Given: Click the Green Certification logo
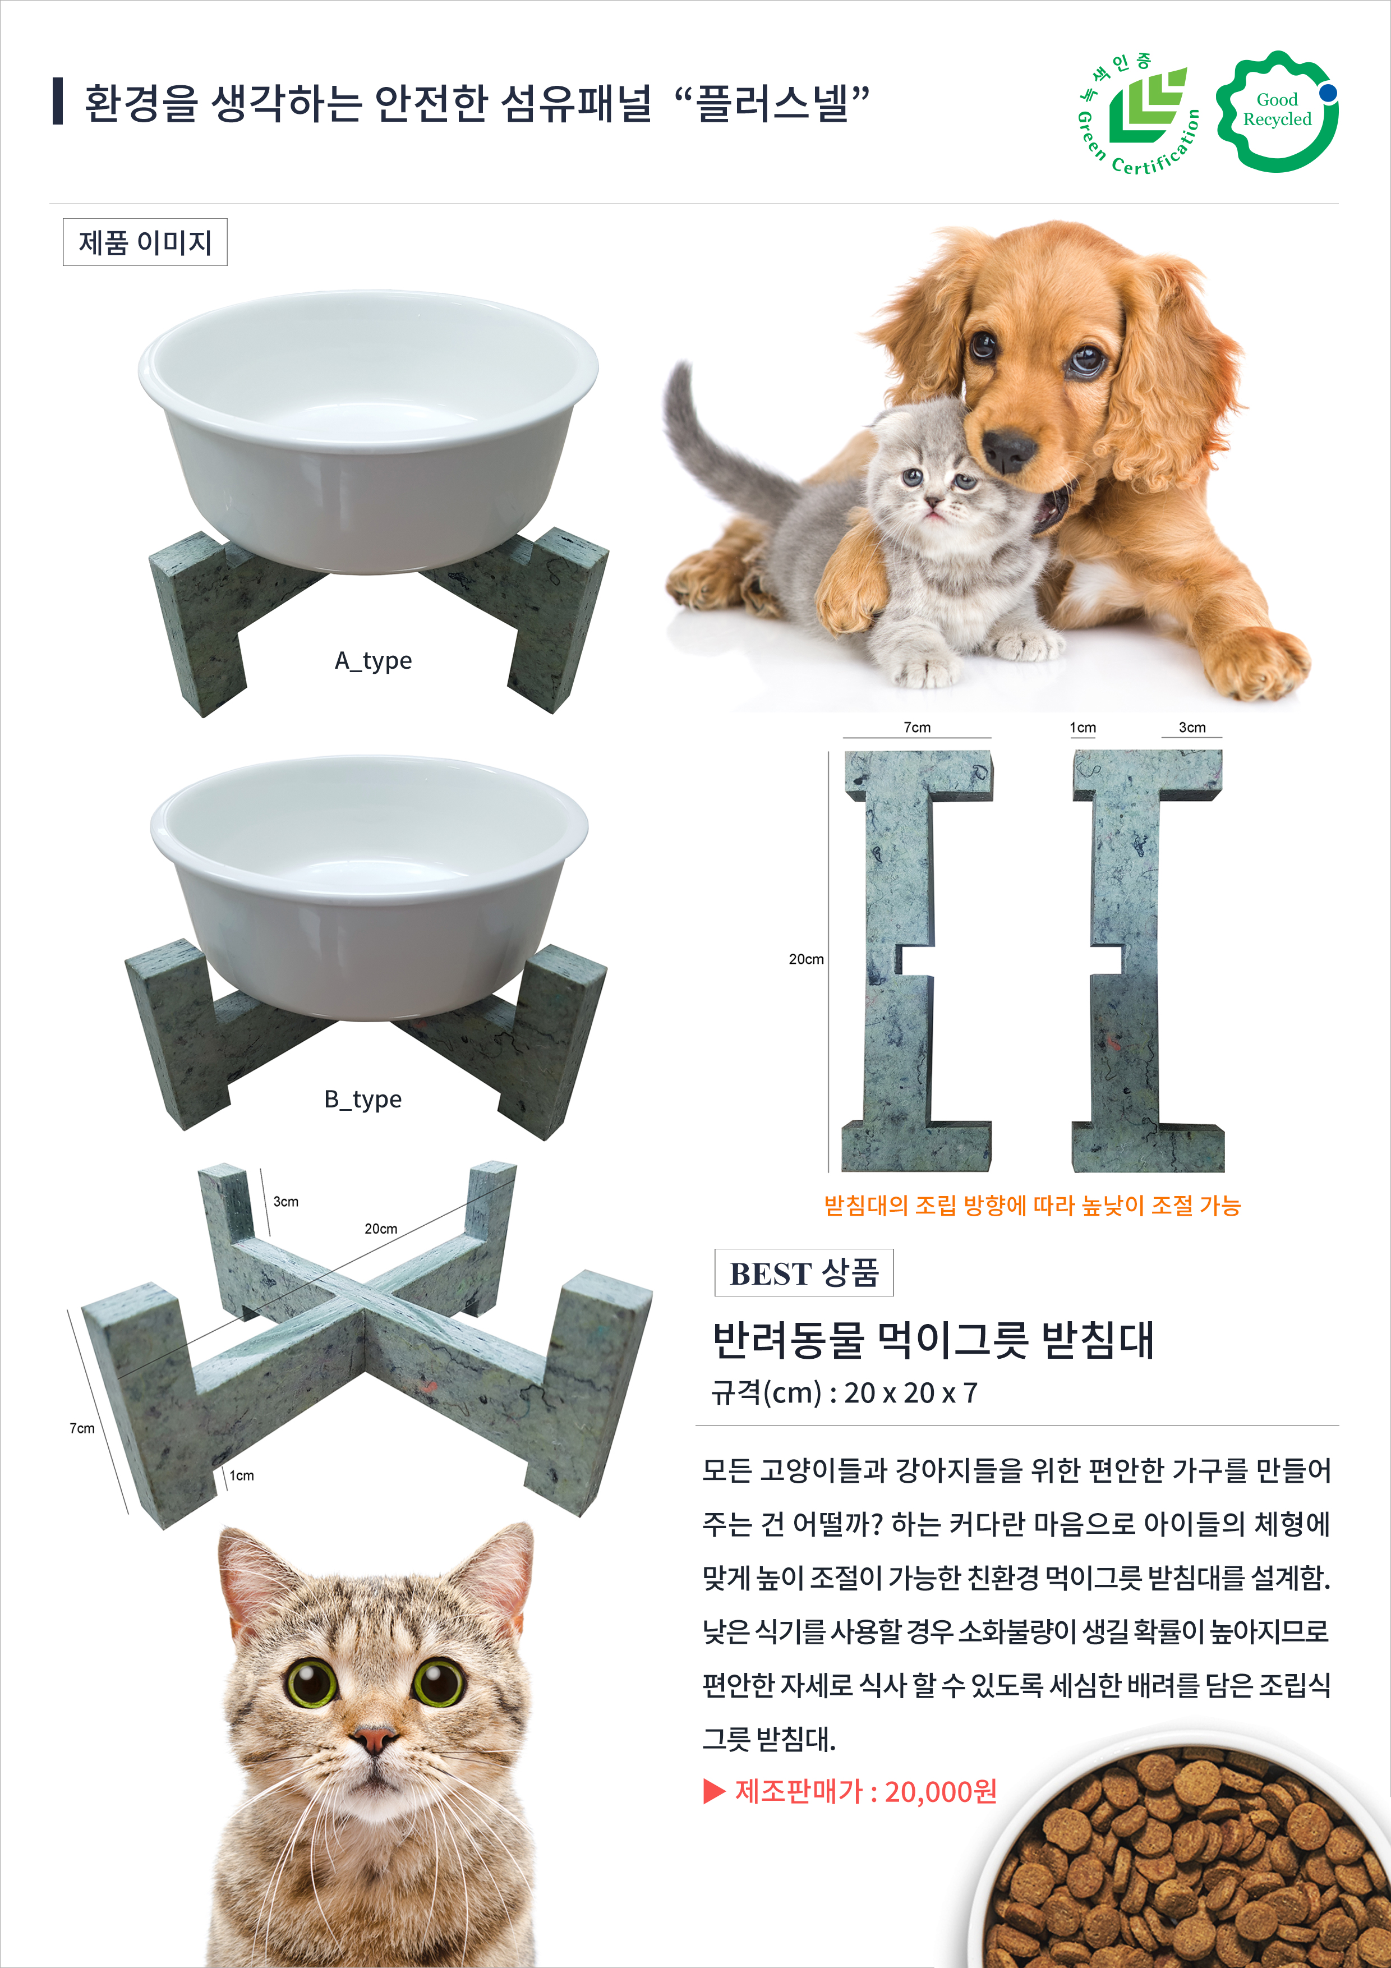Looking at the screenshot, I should (x=1138, y=112).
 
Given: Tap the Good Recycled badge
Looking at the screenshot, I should (x=1277, y=112).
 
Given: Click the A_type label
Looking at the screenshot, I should (x=373, y=661).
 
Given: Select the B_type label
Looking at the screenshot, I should (x=362, y=1100).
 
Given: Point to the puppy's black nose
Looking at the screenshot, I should (x=1008, y=449).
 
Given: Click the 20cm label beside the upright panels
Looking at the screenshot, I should (x=805, y=959).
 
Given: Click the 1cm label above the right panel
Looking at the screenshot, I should (x=1083, y=728).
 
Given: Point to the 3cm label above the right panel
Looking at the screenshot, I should (x=1191, y=728).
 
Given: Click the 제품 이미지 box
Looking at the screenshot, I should (x=145, y=242).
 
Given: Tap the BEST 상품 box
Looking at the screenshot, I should (x=804, y=1273).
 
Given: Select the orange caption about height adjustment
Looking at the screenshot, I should (x=1032, y=1206).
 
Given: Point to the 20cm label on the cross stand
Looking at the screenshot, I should (x=380, y=1229).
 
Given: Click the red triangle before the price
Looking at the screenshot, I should (x=714, y=1791).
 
